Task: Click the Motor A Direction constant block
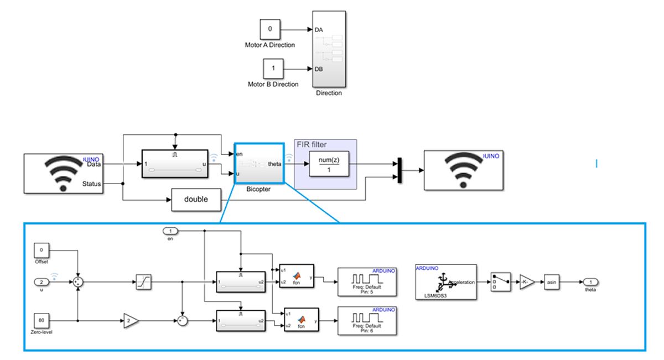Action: pyautogui.click(x=271, y=29)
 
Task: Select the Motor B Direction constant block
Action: pyautogui.click(x=273, y=69)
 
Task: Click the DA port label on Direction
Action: pyautogui.click(x=319, y=30)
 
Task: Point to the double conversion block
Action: pyautogui.click(x=196, y=199)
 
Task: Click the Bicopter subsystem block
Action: pyautogui.click(x=259, y=164)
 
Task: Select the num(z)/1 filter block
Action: pyautogui.click(x=329, y=164)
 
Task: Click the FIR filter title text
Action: pyautogui.click(x=312, y=144)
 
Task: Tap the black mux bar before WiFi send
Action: pyautogui.click(x=398, y=170)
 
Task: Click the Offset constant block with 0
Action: pyautogui.click(x=42, y=251)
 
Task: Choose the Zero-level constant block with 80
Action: pyautogui.click(x=42, y=320)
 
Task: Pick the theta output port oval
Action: pyautogui.click(x=590, y=282)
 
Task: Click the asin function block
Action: pyautogui.click(x=552, y=282)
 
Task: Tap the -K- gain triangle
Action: pyautogui.click(x=527, y=282)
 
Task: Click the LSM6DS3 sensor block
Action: pyautogui.click(x=445, y=282)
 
